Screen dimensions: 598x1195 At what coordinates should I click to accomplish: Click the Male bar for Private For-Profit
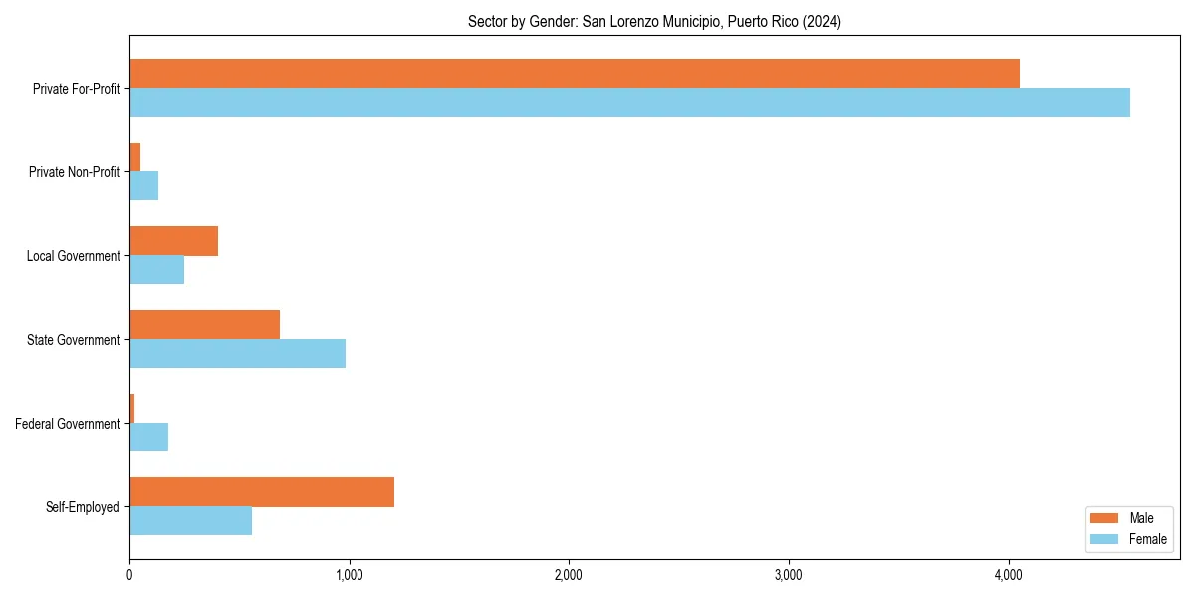(575, 74)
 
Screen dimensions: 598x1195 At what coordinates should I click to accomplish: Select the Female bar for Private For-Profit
(629, 103)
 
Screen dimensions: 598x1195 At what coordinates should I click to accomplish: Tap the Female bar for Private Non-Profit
(144, 186)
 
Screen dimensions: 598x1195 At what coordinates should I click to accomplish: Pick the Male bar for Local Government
(174, 241)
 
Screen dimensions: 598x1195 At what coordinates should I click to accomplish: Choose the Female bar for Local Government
(157, 270)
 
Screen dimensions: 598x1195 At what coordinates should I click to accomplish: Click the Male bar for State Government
(205, 325)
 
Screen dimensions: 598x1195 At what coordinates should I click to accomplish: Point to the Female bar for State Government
(238, 354)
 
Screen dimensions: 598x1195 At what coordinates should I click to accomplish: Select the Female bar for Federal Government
(149, 438)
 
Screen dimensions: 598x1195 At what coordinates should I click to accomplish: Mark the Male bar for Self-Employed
(262, 492)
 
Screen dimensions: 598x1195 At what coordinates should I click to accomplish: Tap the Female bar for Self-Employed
(191, 521)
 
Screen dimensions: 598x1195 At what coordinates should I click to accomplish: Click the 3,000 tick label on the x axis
(789, 575)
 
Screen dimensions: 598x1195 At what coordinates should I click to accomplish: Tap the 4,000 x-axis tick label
(1009, 575)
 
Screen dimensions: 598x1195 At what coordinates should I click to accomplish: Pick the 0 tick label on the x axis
(129, 575)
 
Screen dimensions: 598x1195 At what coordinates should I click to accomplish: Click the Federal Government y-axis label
(68, 424)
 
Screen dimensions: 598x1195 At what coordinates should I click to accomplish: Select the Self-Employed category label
(83, 507)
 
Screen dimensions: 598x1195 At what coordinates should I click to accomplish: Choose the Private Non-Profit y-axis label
(75, 172)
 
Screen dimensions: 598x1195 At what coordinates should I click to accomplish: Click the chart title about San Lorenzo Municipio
(654, 22)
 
